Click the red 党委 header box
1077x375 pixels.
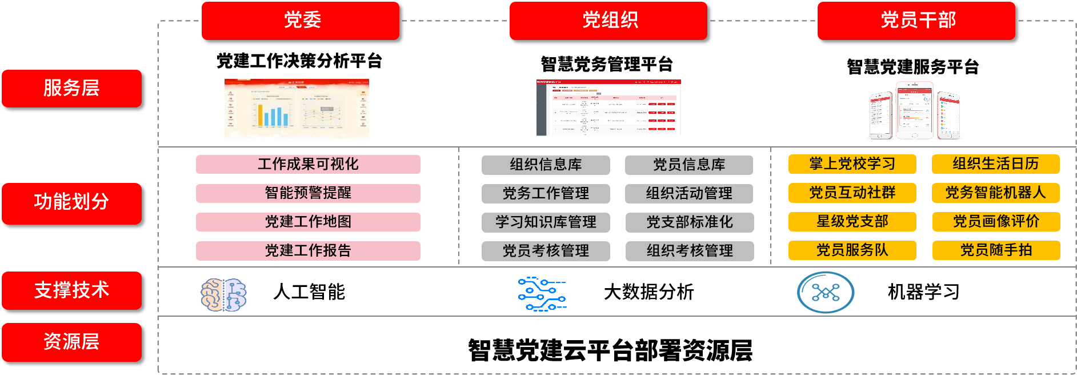(x=301, y=21)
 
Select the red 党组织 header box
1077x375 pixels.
(x=608, y=21)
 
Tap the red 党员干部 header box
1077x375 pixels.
(x=916, y=21)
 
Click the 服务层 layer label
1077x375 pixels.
(x=71, y=89)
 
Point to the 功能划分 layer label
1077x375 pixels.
(x=71, y=203)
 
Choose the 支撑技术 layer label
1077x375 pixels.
(x=71, y=290)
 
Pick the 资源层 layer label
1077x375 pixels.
(x=71, y=342)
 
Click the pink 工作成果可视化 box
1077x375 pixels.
(x=308, y=165)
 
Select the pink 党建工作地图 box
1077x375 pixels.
(x=308, y=222)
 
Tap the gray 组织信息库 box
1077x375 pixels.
(x=546, y=165)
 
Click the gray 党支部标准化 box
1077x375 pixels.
(x=690, y=222)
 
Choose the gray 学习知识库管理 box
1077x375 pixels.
(x=546, y=222)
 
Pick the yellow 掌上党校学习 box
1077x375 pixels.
(x=852, y=164)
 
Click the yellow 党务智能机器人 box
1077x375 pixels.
(x=996, y=193)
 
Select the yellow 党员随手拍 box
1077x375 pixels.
(x=996, y=250)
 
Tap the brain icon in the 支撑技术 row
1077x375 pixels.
(x=223, y=294)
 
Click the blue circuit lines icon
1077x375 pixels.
(x=542, y=294)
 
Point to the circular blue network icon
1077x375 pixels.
(x=826, y=293)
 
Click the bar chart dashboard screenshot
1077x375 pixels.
(x=297, y=109)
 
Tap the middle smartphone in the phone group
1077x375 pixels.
(x=914, y=110)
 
